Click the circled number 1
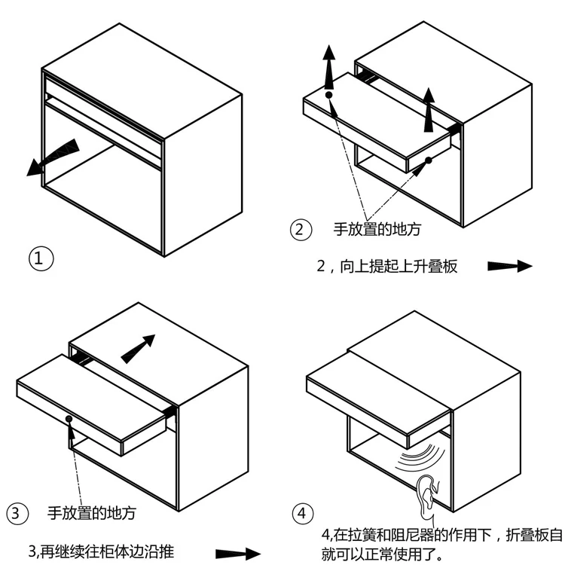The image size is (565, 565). (x=41, y=259)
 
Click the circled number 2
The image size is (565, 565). (x=301, y=230)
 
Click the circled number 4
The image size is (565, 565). (x=302, y=514)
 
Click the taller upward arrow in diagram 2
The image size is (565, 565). (x=329, y=71)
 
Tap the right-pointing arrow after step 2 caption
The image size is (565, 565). (x=510, y=266)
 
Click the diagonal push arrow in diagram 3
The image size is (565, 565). (x=137, y=348)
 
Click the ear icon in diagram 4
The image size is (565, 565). (x=426, y=496)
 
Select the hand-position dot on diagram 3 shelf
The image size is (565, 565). (x=69, y=418)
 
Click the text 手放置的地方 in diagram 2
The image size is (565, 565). (x=377, y=230)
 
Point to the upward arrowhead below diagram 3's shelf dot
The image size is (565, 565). (x=69, y=432)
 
